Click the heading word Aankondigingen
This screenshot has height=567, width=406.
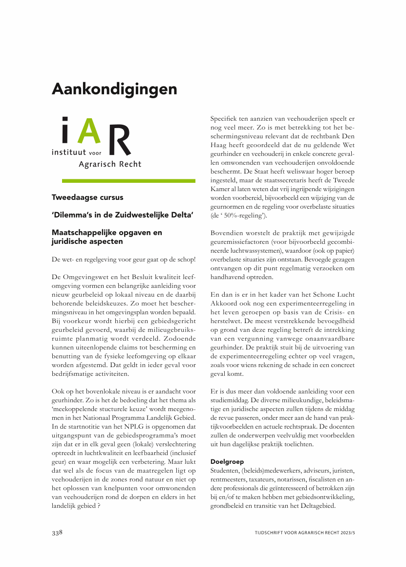[114, 89]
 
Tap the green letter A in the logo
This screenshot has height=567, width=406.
[90, 131]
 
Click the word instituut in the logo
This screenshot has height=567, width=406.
[69, 153]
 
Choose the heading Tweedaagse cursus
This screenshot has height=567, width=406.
[87, 197]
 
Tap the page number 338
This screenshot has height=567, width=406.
[58, 532]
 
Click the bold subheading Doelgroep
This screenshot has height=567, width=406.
[227, 461]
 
